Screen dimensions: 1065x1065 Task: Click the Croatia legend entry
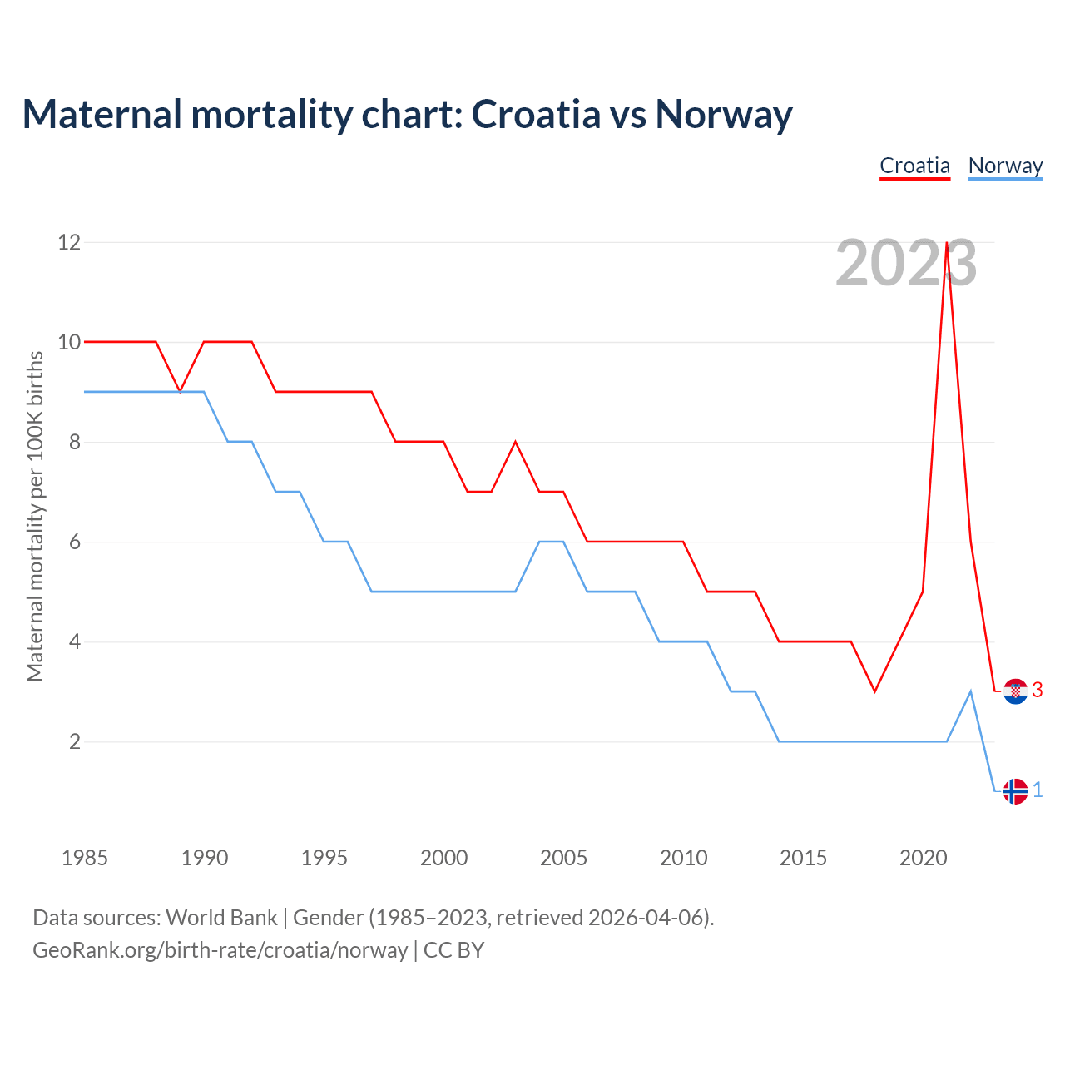[914, 166]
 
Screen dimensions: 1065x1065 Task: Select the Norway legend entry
[1005, 166]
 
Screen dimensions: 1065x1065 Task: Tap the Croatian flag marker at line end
[1015, 691]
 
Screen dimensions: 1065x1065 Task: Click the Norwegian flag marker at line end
[1015, 790]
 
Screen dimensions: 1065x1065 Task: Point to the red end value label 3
[1038, 690]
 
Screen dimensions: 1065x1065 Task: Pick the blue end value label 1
[1038, 790]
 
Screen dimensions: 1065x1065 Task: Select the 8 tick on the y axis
[75, 442]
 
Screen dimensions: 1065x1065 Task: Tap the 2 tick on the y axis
[75, 741]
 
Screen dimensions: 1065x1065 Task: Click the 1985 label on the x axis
[85, 858]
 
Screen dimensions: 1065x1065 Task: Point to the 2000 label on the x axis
[443, 858]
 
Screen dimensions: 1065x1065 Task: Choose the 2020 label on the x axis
[923, 858]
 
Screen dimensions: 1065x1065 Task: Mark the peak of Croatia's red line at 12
[947, 243]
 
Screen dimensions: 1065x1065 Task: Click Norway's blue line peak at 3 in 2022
[970, 691]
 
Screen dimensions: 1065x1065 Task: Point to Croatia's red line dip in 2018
[874, 691]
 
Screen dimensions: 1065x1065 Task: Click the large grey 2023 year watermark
[905, 264]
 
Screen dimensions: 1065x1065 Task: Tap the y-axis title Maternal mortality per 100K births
[35, 516]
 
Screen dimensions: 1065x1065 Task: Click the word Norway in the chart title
[723, 114]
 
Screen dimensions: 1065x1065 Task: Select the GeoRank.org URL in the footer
[220, 950]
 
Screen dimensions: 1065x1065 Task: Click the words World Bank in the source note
[221, 918]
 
